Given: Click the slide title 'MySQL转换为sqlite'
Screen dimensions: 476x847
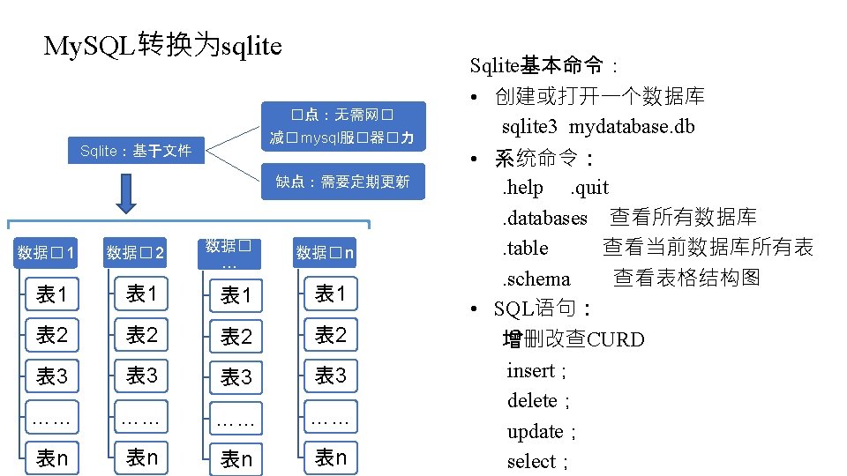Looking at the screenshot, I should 163,45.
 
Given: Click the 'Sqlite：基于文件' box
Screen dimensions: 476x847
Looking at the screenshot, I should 135,151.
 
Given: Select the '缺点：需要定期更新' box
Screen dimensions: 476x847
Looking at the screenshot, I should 342,182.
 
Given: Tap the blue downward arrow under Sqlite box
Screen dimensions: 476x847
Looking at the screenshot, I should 126,194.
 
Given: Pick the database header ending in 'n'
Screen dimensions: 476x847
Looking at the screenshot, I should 325,254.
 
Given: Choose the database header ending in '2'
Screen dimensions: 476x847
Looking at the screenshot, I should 135,254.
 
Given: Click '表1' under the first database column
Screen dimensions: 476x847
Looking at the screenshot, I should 51,294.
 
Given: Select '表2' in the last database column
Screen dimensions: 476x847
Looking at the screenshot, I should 330,334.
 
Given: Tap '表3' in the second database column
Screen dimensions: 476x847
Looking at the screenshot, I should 141,376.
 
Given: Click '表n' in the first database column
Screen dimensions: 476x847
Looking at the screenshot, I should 51,458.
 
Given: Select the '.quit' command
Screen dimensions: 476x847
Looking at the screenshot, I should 589,188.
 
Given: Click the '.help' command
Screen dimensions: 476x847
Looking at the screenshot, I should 523,188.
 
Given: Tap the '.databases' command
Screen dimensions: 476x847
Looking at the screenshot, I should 544,218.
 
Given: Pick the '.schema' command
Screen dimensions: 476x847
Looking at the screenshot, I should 536,279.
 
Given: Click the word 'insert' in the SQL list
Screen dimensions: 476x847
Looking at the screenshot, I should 530,371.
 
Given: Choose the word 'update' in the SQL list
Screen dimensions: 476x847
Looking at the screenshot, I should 535,432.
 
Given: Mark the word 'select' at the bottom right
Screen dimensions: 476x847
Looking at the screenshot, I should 531,462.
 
